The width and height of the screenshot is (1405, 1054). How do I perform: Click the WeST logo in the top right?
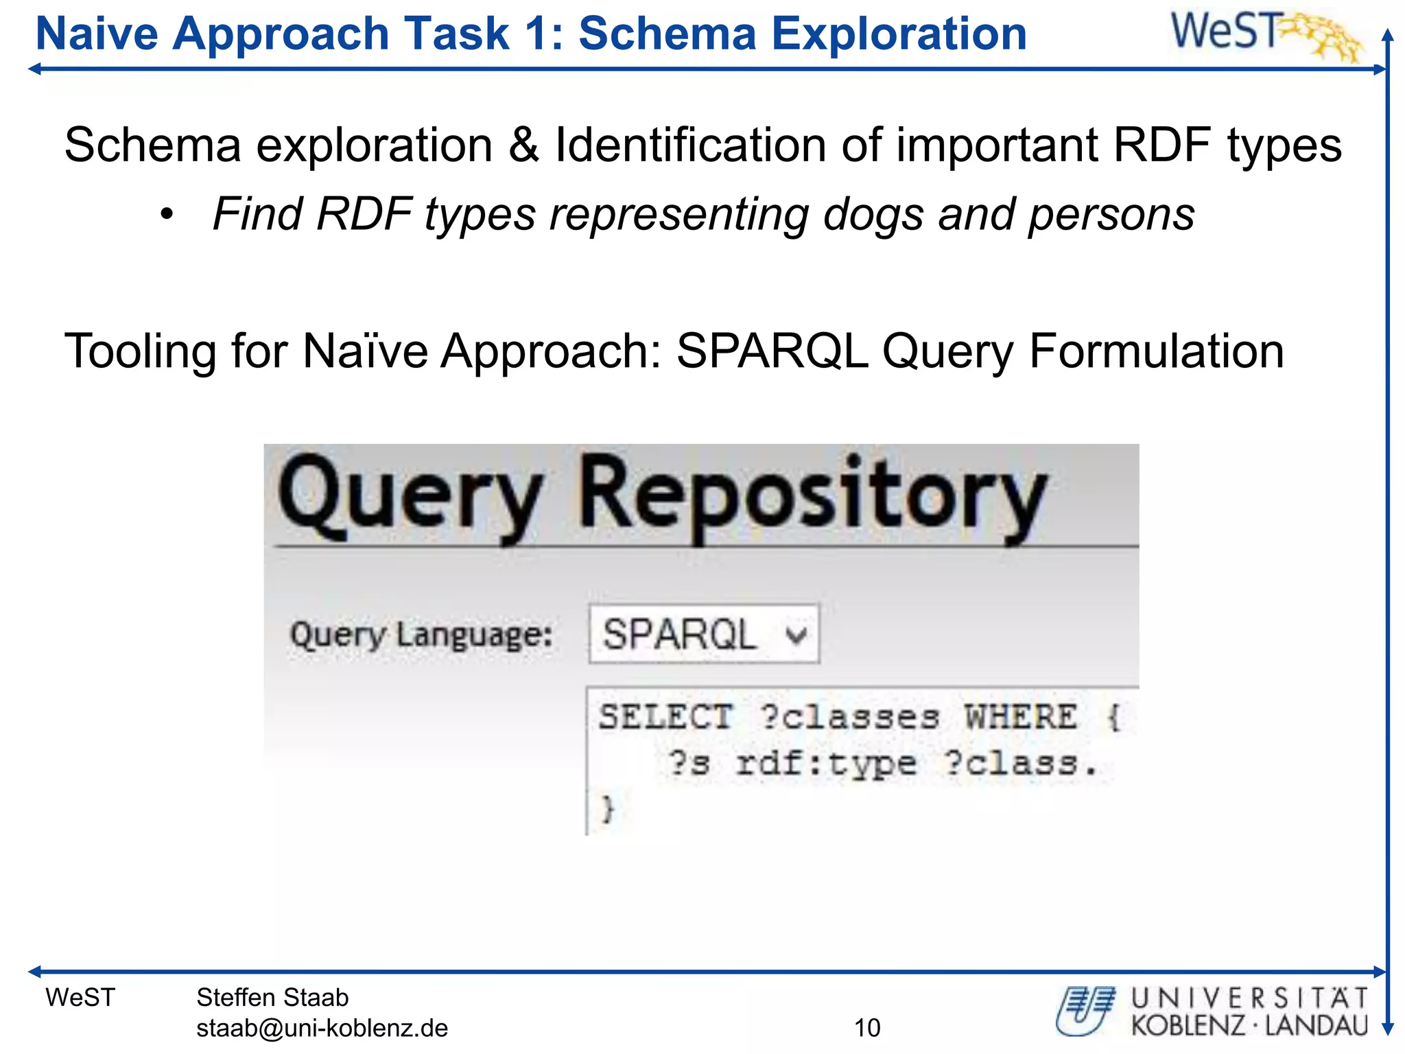point(1264,34)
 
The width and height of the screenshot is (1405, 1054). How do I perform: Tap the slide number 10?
point(866,1028)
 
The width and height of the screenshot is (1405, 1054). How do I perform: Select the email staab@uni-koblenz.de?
point(322,1028)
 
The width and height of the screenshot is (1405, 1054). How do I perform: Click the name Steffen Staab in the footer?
point(272,997)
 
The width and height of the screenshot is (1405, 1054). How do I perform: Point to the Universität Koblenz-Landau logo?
point(1212,1011)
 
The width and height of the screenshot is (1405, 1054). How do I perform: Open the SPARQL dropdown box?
point(704,634)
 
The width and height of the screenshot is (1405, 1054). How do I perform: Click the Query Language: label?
point(421,635)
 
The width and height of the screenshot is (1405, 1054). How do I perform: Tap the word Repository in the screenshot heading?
point(813,495)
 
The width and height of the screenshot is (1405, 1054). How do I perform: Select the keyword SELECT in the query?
point(665,717)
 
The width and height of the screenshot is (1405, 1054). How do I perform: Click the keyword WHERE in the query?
point(1022,717)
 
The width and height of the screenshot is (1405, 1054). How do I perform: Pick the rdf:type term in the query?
point(826,763)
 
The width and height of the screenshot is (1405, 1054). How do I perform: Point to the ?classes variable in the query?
point(851,717)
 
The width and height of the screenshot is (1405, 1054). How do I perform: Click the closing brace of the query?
point(607,808)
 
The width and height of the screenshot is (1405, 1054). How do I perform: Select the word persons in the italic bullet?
point(1111,214)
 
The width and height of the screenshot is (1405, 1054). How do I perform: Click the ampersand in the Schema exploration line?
point(523,145)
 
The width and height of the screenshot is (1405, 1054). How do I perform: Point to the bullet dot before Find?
point(167,215)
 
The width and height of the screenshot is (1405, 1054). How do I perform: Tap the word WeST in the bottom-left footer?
point(80,997)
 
